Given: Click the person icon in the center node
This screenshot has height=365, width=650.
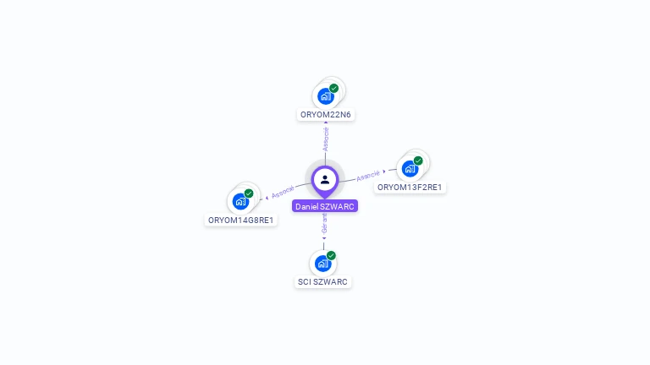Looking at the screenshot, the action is (x=325, y=179).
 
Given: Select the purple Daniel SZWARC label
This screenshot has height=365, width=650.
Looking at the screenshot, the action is (x=325, y=206).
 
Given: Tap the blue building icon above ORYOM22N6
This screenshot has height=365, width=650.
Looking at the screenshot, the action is (x=325, y=96).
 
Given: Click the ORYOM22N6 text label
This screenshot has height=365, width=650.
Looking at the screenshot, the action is (x=325, y=114).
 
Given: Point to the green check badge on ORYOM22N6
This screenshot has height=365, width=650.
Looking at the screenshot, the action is (x=334, y=88).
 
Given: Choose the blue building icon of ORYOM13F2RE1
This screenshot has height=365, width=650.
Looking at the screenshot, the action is (x=410, y=169).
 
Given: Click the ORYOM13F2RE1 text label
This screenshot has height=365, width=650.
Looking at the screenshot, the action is (x=410, y=187).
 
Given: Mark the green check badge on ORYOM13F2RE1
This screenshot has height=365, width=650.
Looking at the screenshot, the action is (x=418, y=161).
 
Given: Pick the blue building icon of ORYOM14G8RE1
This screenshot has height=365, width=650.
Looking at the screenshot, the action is (x=240, y=202).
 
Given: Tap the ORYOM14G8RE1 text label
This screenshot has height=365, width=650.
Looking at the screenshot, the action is (x=241, y=220).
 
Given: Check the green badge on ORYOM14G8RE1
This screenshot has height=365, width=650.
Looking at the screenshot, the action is (x=249, y=193).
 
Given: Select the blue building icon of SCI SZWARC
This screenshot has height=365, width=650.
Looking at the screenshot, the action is (x=322, y=264).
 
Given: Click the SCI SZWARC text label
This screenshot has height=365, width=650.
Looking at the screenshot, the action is (x=322, y=281).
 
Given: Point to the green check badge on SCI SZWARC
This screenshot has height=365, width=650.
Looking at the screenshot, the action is (x=331, y=255).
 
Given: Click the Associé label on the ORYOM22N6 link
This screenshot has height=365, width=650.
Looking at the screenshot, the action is (x=326, y=139).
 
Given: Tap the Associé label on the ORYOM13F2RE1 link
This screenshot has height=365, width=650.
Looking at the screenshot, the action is (x=368, y=176).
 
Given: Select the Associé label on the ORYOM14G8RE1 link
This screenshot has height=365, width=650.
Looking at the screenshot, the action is (x=283, y=192).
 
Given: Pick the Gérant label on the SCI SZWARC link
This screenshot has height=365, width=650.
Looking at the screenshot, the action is (x=324, y=223).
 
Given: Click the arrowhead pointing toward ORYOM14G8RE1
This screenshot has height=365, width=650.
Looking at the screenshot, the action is (x=267, y=197).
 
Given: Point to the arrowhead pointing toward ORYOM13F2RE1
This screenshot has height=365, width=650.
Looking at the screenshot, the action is (x=385, y=172).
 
